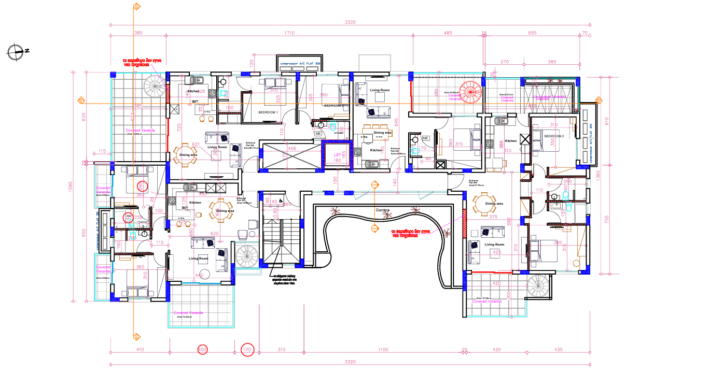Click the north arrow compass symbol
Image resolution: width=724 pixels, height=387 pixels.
pyautogui.click(x=17, y=51)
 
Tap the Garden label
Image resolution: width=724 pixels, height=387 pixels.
pyautogui.click(x=383, y=210)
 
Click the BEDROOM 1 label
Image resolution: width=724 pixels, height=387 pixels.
pyautogui.click(x=268, y=112)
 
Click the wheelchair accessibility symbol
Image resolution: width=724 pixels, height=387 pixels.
pyautogui.click(x=281, y=200)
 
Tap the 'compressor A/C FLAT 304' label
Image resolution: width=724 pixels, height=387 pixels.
pyautogui.click(x=591, y=141)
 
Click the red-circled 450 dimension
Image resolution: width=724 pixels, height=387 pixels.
pyautogui.click(x=203, y=350)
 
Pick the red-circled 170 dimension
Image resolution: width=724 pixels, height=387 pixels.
pyautogui.click(x=247, y=350)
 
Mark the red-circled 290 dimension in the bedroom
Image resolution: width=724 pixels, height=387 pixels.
pyautogui.click(x=141, y=185)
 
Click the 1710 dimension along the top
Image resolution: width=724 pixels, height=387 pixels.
pyautogui.click(x=289, y=33)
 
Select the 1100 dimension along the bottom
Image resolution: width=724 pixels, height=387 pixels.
pyautogui.click(x=383, y=350)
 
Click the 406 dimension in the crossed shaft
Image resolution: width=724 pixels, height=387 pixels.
pyautogui.click(x=291, y=149)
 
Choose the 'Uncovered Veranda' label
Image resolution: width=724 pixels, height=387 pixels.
pyautogui.click(x=551, y=96)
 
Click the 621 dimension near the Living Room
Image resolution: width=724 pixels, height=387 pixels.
pyautogui.click(x=196, y=145)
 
